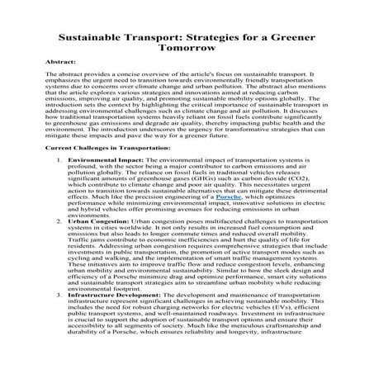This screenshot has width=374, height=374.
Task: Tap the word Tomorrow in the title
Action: click(x=187, y=47)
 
